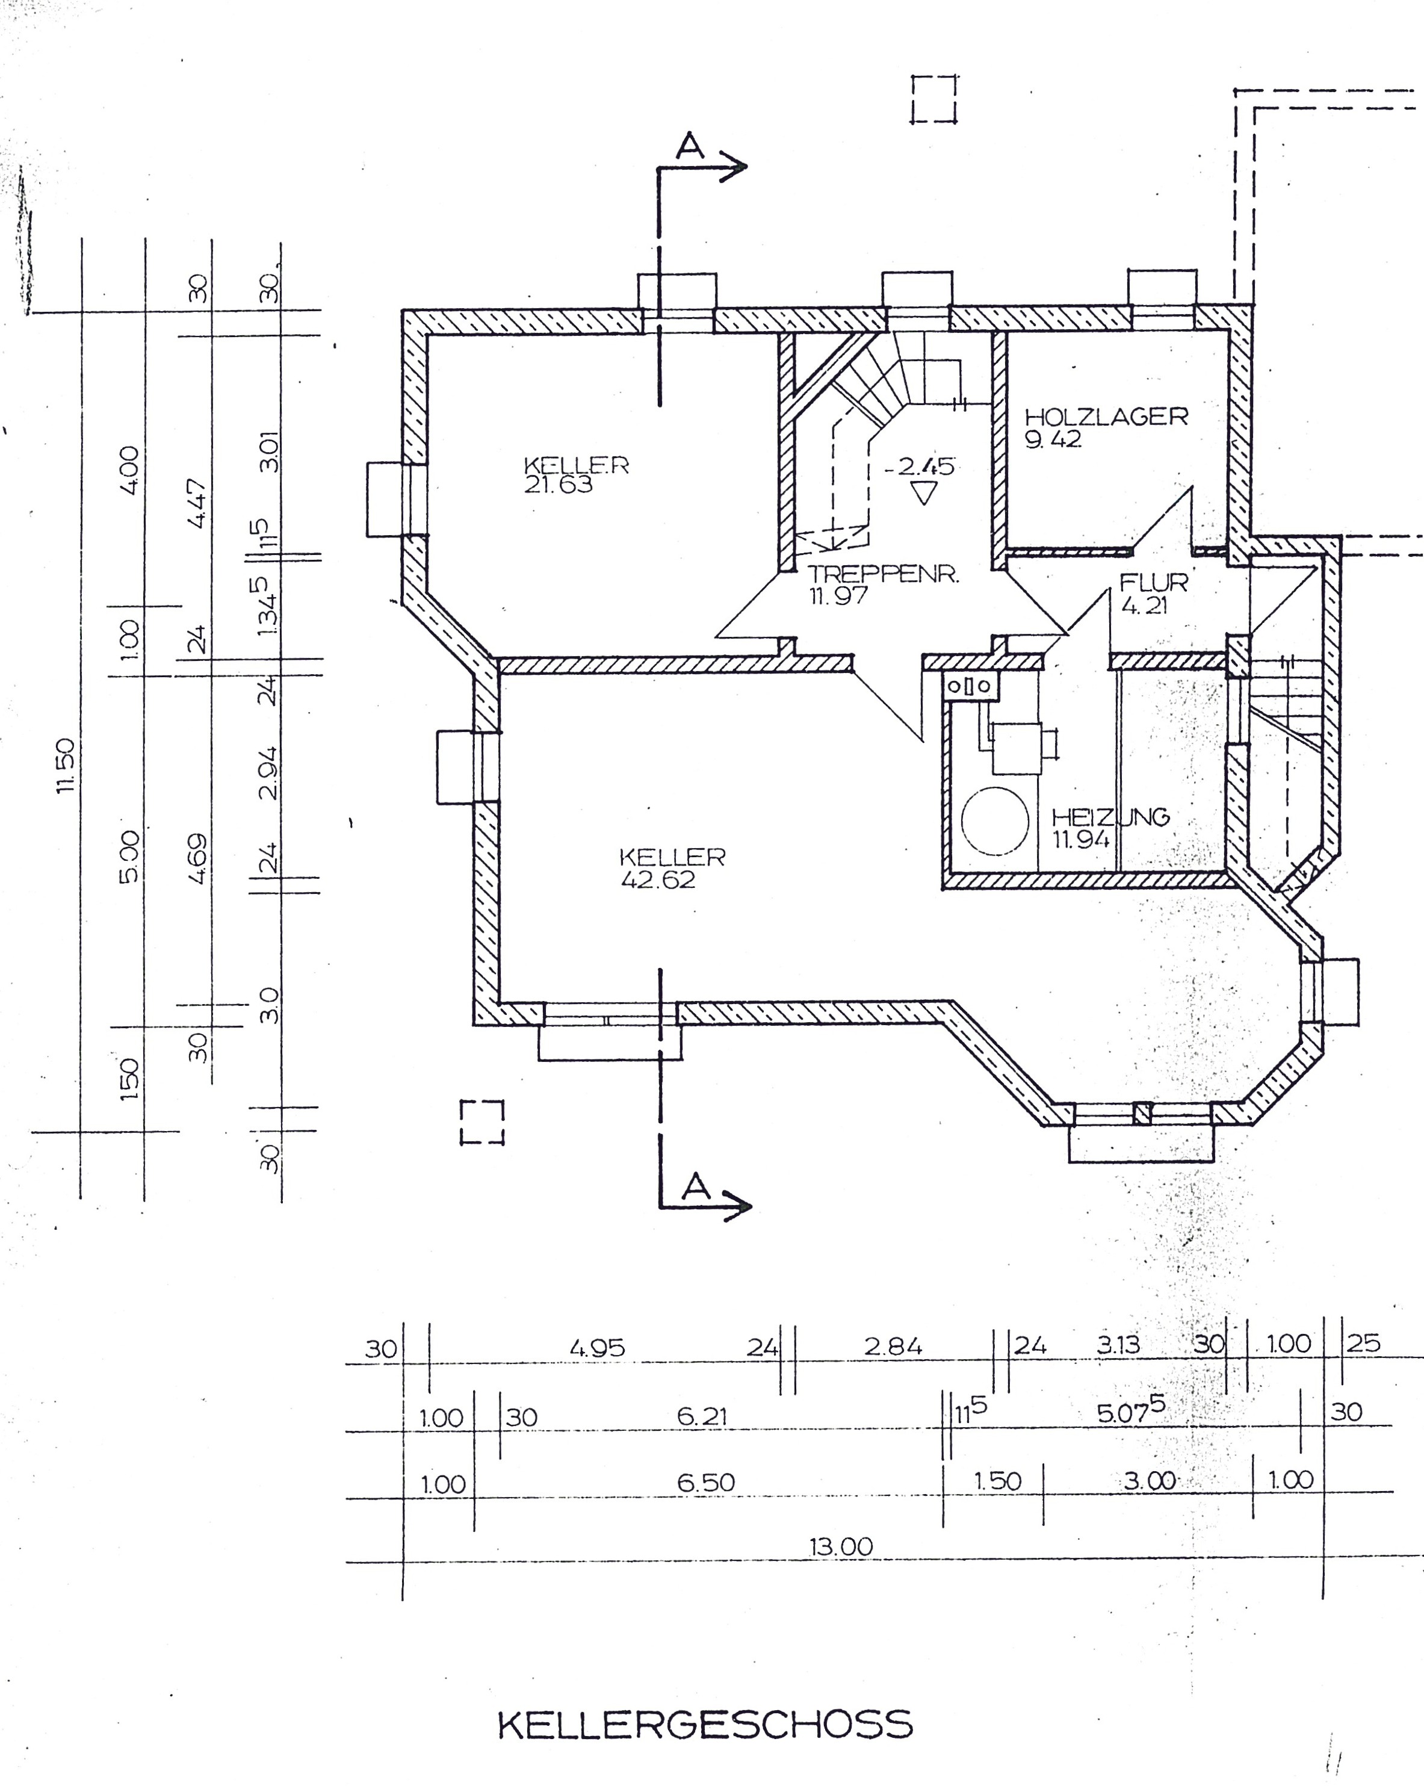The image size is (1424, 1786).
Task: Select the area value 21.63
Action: pos(559,485)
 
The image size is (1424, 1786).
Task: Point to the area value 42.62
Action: pos(658,879)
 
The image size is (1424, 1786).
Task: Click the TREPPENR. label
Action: pos(883,574)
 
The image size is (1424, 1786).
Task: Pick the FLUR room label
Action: pos(1153,582)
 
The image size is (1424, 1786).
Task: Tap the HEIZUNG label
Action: pos(1110,817)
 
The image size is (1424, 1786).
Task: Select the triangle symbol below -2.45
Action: pos(922,494)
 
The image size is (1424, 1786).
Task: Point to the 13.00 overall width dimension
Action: pos(841,1546)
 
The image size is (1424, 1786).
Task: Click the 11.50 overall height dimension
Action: pos(66,766)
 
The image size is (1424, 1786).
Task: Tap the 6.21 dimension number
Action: pos(702,1416)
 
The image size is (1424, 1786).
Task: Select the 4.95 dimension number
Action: pos(596,1348)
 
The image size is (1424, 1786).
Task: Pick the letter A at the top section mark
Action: pos(689,147)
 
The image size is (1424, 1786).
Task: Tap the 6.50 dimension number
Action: pos(706,1482)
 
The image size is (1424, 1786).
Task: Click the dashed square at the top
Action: pos(933,99)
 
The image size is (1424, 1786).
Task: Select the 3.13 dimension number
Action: pos(1118,1345)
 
